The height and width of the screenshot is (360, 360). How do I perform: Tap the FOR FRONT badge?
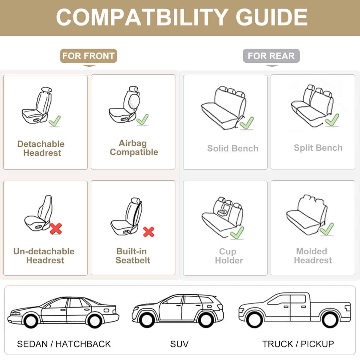[88, 56]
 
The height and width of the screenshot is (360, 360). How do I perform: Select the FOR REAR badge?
[271, 56]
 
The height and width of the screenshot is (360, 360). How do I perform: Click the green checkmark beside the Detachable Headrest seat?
[55, 121]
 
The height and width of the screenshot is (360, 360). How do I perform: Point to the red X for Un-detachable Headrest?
[56, 229]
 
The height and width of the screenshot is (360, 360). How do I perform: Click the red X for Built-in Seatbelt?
[148, 232]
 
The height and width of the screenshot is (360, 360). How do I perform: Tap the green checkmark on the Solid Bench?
[247, 123]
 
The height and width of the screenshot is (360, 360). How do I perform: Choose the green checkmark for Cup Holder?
[237, 232]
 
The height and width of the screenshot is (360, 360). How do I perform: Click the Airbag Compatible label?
[134, 148]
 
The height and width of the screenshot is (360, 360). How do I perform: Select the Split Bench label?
[318, 148]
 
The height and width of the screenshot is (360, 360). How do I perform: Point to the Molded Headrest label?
[313, 256]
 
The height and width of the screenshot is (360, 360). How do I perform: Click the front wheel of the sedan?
[31, 321]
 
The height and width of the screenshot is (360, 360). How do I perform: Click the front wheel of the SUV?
[147, 320]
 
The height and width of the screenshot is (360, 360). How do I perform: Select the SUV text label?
[179, 344]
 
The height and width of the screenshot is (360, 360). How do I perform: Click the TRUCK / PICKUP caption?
[298, 344]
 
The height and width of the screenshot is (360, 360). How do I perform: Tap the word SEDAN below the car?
[32, 344]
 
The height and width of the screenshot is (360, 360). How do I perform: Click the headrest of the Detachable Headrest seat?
[46, 90]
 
